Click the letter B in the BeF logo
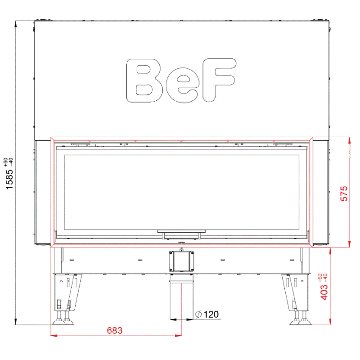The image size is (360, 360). (x=144, y=81)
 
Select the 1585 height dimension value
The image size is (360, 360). (x=9, y=179)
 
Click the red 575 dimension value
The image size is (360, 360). (x=344, y=193)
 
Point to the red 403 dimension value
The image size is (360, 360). (x=324, y=292)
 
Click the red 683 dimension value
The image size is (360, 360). (x=115, y=330)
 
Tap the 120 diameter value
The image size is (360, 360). (x=211, y=314)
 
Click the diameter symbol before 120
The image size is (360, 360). (x=198, y=314)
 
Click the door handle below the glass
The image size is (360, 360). (x=181, y=234)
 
